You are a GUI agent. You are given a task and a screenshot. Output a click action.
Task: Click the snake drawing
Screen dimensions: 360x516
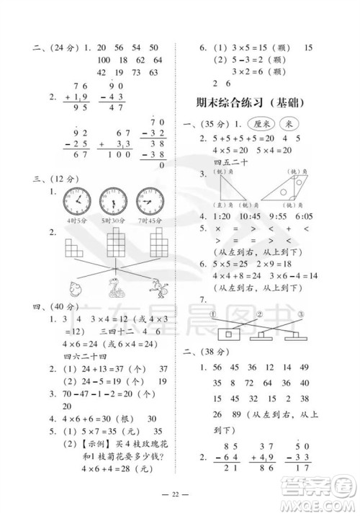pyautogui.click(x=113, y=288)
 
